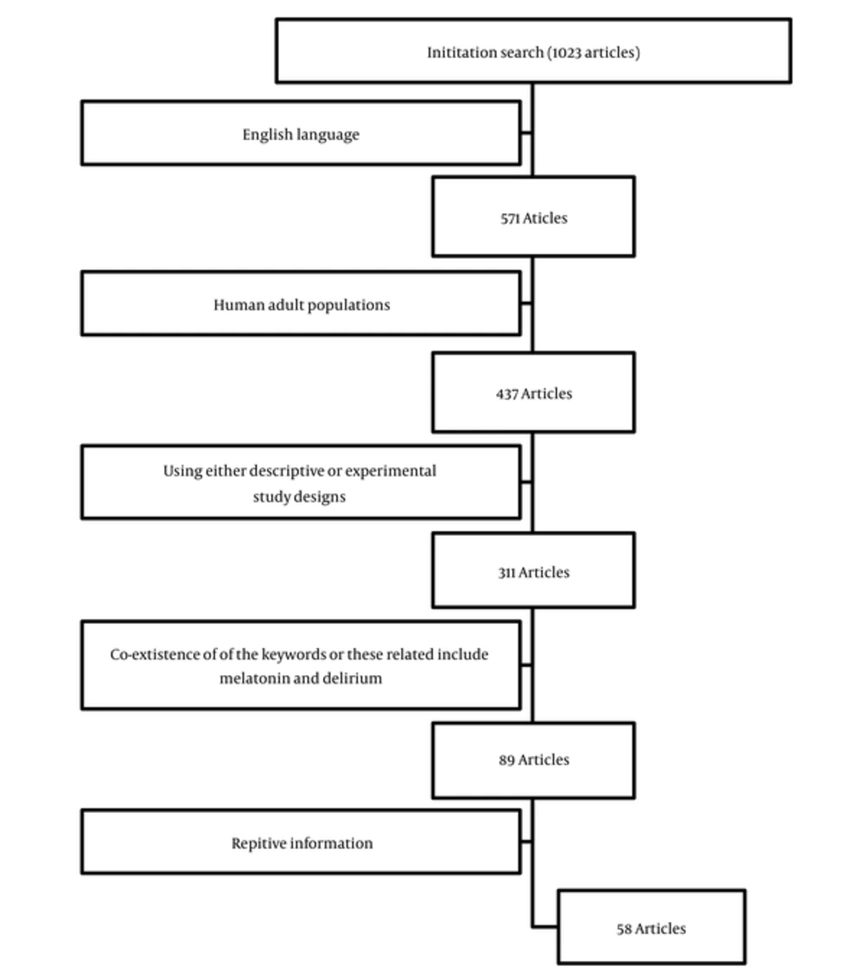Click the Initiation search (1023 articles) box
click(533, 50)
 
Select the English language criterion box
click(301, 133)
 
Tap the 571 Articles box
click(533, 217)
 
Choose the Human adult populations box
click(301, 304)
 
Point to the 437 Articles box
click(533, 392)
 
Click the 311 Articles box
click(533, 571)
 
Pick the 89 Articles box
click(533, 761)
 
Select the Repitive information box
click(301, 841)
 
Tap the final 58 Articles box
click(651, 927)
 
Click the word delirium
click(352, 679)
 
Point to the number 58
click(624, 930)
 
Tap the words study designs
click(299, 497)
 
